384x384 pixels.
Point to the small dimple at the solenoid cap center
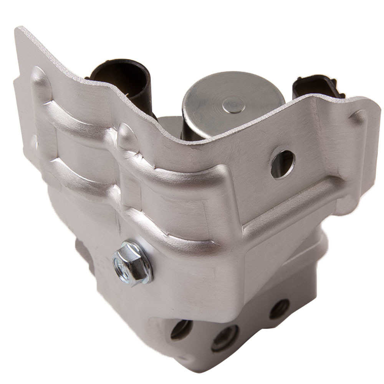(x=232, y=102)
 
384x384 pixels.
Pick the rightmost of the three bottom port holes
(x=279, y=309)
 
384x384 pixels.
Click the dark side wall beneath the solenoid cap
(x=200, y=127)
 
